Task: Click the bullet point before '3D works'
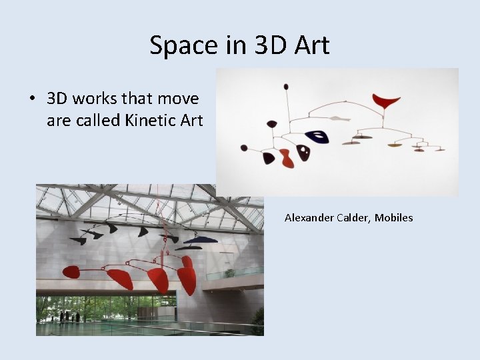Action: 32,99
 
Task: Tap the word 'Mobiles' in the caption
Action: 394,217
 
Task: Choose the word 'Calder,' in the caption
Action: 356,217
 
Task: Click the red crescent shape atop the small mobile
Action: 386,101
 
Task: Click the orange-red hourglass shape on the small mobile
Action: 286,158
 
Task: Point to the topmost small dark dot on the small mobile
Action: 286,86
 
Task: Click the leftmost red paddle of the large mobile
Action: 70,271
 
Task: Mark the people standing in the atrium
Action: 69,317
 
